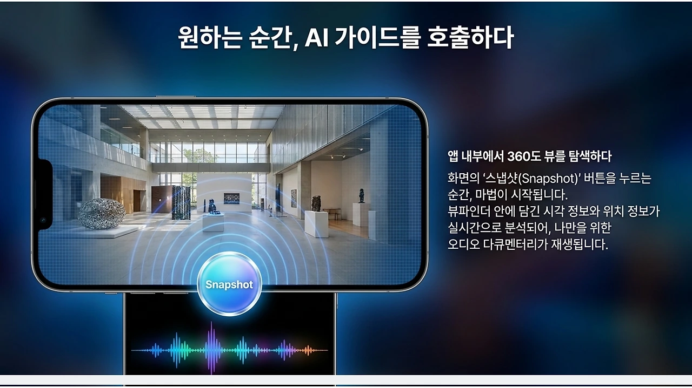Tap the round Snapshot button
coord(230,284)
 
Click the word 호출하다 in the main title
coord(470,37)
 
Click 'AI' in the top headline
coord(316,38)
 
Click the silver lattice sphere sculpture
coord(102,214)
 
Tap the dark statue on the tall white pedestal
coord(362,196)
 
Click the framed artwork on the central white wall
coord(231,199)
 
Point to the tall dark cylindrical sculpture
coord(181,203)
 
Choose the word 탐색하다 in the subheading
coord(590,156)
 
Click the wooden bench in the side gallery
coord(332,213)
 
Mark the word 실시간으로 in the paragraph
coord(473,228)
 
